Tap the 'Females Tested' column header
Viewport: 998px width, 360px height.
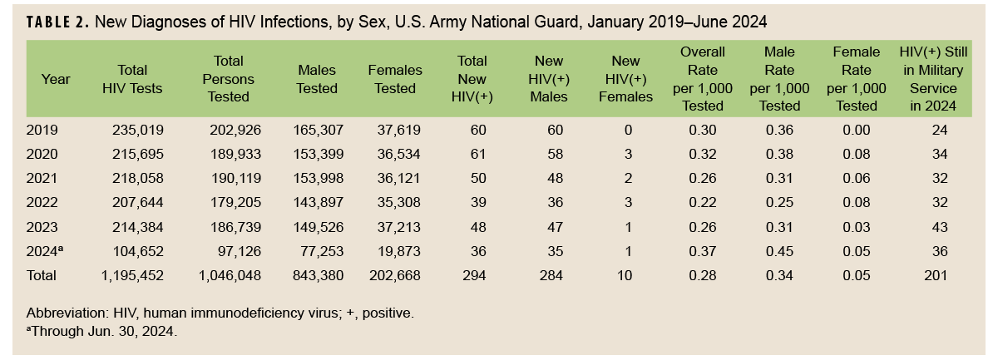point(395,79)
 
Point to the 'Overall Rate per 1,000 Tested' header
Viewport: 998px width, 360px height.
point(703,79)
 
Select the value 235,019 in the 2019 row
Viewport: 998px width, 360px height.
point(138,130)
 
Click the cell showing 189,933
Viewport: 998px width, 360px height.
point(227,154)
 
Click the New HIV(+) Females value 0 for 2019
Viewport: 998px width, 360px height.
point(628,130)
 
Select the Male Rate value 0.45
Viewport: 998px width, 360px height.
point(778,251)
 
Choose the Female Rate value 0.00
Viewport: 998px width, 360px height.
point(856,130)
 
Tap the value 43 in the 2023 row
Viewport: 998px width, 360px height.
point(936,226)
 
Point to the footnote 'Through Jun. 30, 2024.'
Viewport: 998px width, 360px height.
point(102,330)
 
